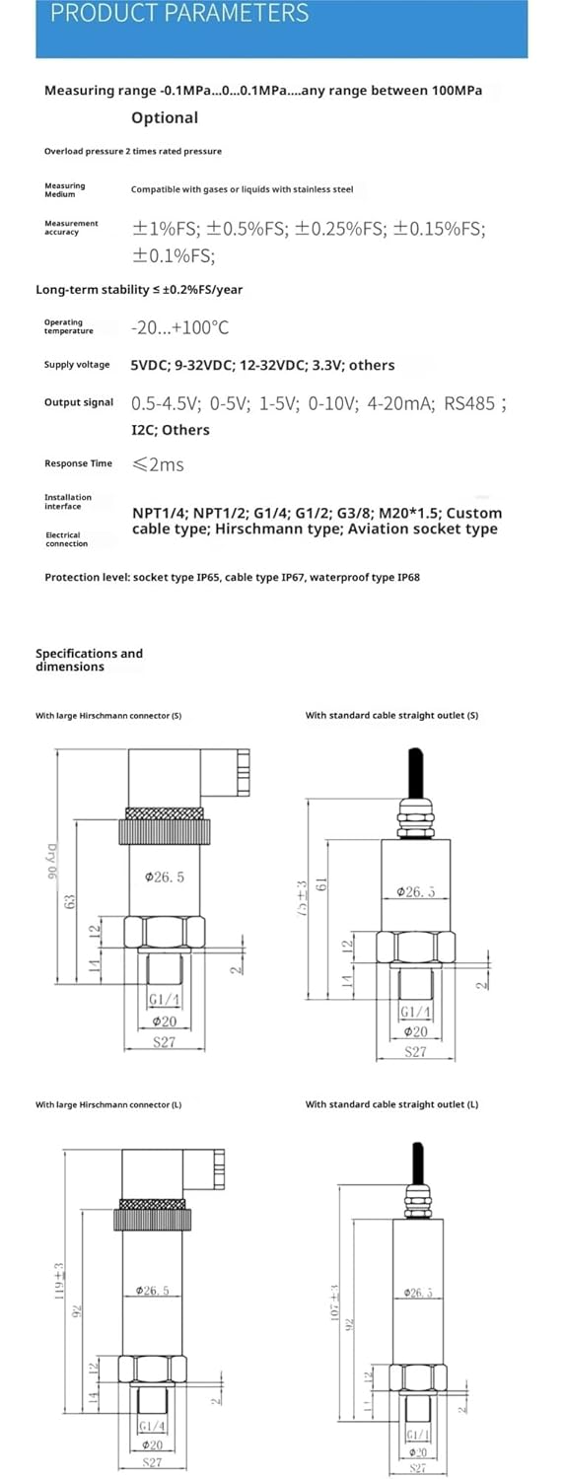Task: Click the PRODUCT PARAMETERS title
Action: (x=179, y=14)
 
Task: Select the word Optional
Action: (x=165, y=117)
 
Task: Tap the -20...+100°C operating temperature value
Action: (x=179, y=327)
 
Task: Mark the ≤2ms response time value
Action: (x=158, y=463)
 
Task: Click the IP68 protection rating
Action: (x=407, y=577)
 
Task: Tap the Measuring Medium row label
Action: (x=65, y=189)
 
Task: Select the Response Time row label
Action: (x=78, y=463)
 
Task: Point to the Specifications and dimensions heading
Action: (x=89, y=660)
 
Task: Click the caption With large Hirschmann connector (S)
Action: (x=108, y=715)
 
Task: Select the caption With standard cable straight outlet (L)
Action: (x=391, y=1104)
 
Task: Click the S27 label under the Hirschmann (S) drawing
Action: (x=164, y=1042)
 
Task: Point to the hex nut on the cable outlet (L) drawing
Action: (x=415, y=1376)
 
